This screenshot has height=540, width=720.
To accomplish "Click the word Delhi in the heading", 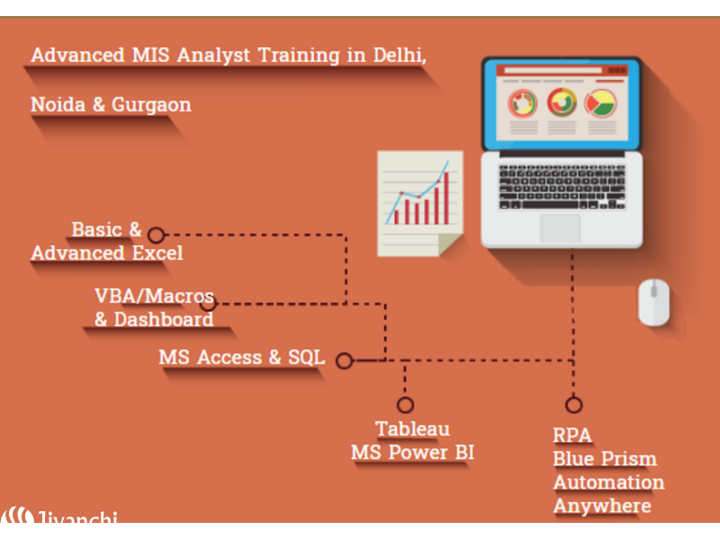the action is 399,55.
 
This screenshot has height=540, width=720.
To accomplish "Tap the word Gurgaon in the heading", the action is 151,105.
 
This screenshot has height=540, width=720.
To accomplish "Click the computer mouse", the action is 653,302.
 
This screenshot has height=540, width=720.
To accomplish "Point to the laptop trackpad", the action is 560,228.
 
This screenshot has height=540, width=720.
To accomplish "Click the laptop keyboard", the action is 562,187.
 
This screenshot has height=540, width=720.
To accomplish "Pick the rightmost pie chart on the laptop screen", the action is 600,103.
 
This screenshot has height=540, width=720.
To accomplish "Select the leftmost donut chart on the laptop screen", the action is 522,103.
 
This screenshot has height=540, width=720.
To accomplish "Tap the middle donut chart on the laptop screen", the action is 561,102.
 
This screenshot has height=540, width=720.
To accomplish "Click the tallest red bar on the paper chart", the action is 445,198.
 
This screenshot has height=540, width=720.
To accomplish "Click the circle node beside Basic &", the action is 156,235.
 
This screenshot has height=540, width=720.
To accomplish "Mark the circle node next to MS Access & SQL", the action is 345,361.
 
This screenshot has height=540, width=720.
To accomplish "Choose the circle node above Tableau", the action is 405,405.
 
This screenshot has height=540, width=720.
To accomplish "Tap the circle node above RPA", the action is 573,405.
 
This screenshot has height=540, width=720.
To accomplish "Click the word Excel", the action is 157,253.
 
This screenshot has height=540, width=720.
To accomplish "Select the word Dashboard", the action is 164,319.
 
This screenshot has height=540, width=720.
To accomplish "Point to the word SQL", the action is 306,357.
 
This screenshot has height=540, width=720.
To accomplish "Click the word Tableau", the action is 412,429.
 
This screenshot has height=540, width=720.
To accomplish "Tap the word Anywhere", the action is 602,506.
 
